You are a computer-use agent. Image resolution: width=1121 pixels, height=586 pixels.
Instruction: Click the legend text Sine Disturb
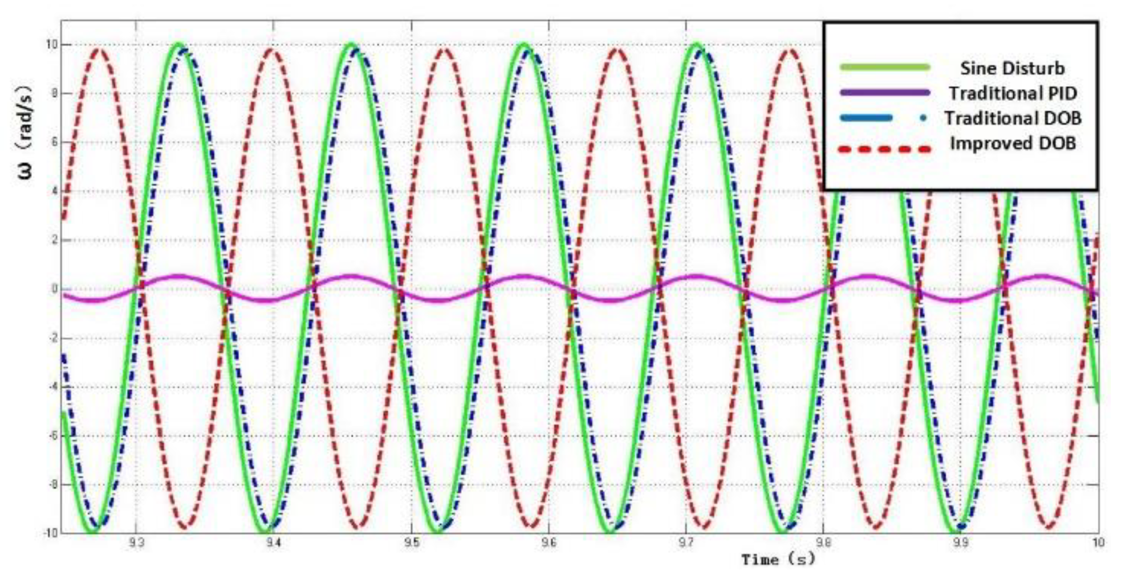(x=1012, y=68)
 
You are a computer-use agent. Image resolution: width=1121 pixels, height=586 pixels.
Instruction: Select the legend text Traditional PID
(x=1013, y=93)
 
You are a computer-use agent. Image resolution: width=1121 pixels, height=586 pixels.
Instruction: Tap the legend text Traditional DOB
(x=1013, y=118)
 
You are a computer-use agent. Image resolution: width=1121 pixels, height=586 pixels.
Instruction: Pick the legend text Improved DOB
(x=1013, y=143)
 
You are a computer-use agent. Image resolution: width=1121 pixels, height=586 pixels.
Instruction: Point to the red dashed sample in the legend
(x=885, y=149)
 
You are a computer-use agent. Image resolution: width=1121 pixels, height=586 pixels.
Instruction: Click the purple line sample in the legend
(x=885, y=93)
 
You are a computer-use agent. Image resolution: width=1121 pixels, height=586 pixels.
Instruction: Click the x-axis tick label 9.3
(x=136, y=543)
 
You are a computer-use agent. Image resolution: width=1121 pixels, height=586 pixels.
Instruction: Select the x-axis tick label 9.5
(x=411, y=543)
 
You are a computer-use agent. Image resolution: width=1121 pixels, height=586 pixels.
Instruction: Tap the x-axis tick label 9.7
(x=686, y=543)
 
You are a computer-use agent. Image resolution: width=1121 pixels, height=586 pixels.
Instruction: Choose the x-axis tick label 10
(x=1098, y=543)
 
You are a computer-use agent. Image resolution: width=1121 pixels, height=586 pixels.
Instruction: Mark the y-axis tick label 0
(x=54, y=289)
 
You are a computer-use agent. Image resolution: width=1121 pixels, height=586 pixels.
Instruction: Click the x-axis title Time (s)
(x=778, y=560)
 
